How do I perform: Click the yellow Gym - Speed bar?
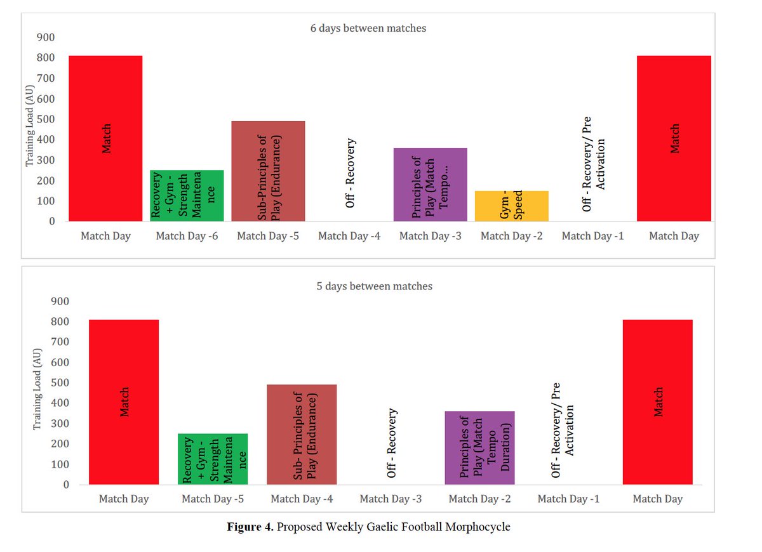tap(511, 206)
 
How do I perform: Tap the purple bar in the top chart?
tap(430, 184)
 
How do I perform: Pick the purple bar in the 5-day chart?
tap(479, 447)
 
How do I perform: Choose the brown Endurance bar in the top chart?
tap(267, 171)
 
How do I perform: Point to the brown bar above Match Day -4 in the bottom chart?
tap(302, 434)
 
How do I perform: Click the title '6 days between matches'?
tap(368, 28)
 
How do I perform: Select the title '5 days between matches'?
tap(375, 286)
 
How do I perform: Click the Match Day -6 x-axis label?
tap(187, 236)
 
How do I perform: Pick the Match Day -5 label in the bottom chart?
tap(213, 499)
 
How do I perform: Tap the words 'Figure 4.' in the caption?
tap(250, 527)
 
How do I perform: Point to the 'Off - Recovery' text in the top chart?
tap(350, 173)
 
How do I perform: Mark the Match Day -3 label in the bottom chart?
tap(391, 499)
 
